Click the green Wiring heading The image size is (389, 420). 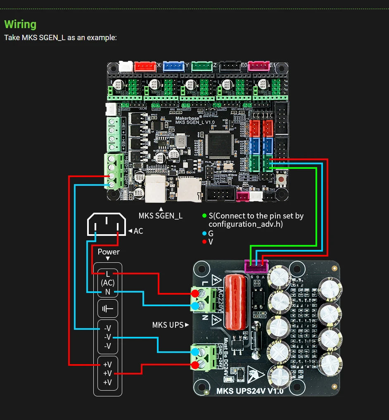coord(20,24)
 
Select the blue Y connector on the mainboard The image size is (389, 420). coord(173,66)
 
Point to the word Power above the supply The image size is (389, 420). coord(109,252)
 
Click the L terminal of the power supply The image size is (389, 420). coord(108,274)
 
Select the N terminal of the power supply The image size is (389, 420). coord(108,292)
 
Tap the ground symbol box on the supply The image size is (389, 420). coord(108,309)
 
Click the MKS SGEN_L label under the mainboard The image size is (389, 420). coord(161,216)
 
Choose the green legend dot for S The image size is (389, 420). coord(204,216)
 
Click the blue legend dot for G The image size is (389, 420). coord(204,233)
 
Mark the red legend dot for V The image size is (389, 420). coord(204,242)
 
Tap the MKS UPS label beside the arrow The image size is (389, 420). coord(168,325)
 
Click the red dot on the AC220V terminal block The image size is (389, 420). coord(194,293)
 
